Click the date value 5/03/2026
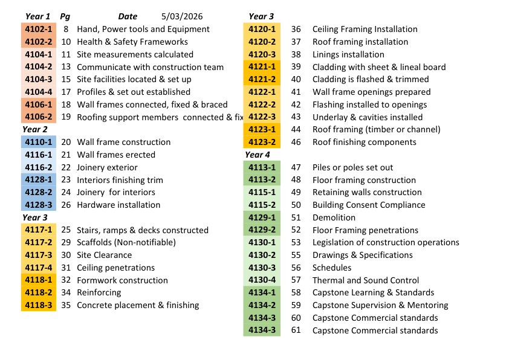point(182,16)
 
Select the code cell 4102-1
point(39,29)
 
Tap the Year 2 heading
point(35,129)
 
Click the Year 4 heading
point(258,155)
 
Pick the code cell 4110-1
point(39,142)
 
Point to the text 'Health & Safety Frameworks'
point(132,42)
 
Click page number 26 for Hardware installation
point(66,205)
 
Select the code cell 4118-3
point(39,305)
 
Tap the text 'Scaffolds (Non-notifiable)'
point(126,242)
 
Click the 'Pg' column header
point(65,16)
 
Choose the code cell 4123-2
point(262,142)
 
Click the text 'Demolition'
point(334,217)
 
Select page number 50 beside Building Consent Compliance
point(296,205)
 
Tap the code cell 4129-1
point(262,217)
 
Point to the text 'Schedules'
point(332,268)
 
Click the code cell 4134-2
point(262,305)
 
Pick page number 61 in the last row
point(296,330)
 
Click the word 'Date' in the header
point(128,16)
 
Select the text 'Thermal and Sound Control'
point(365,280)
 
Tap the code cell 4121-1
point(262,67)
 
